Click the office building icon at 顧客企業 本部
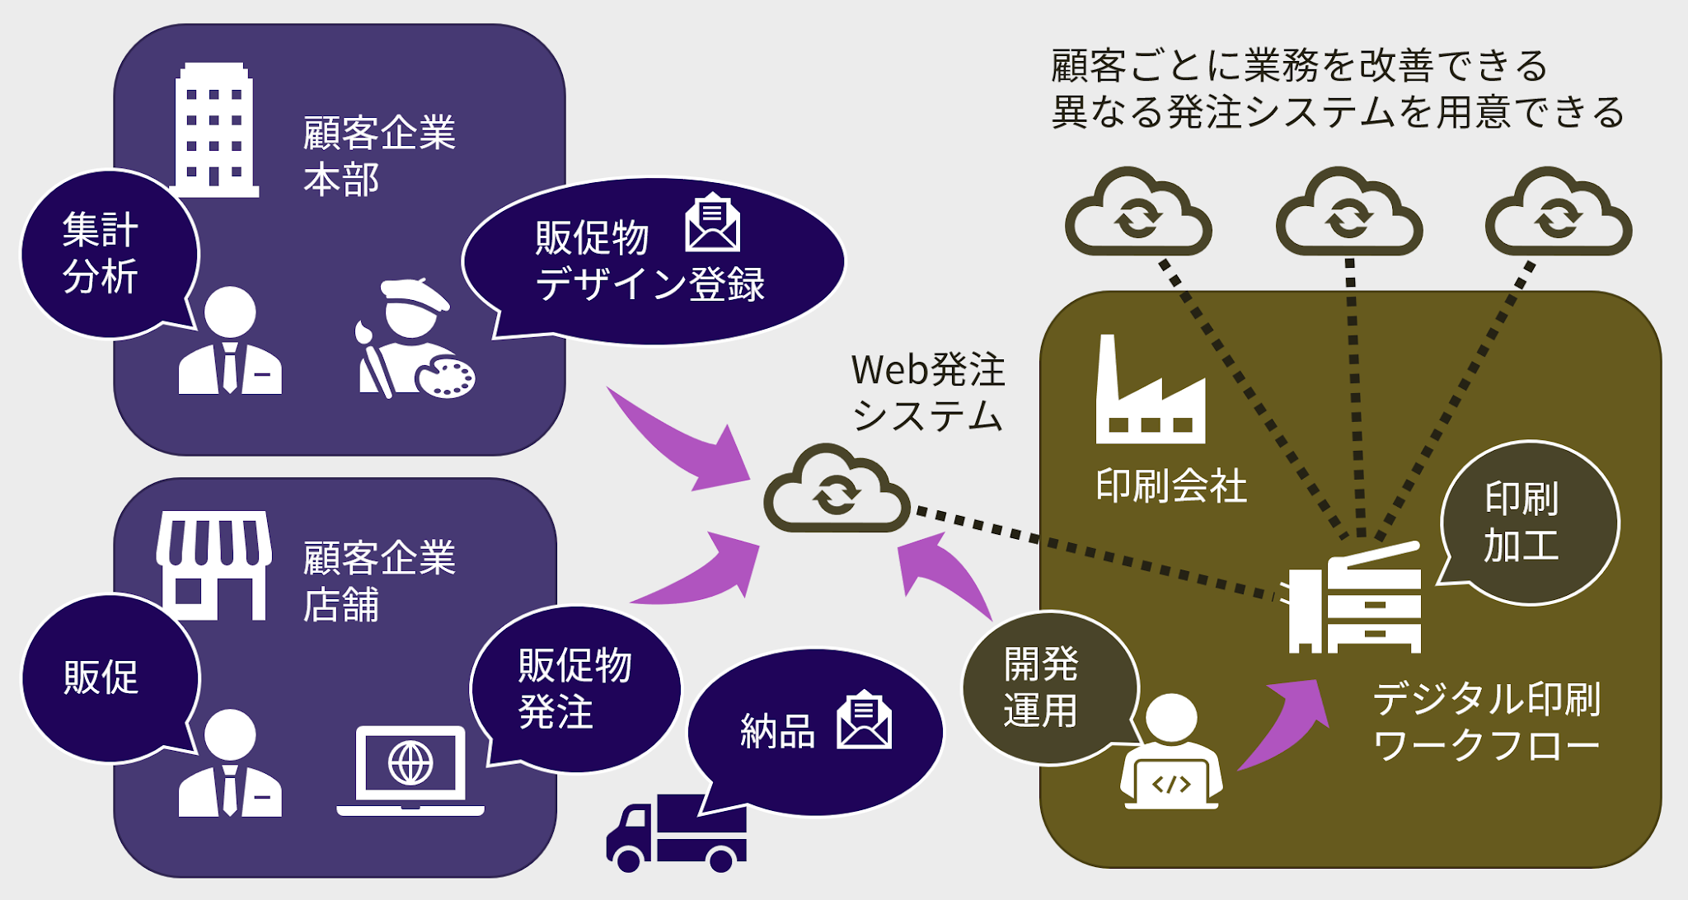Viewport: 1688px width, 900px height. [215, 130]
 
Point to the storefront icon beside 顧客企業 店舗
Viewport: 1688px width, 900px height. [214, 565]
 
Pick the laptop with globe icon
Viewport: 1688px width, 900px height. [410, 771]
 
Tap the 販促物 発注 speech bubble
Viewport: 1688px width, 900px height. [574, 689]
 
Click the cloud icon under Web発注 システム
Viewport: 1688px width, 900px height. [837, 490]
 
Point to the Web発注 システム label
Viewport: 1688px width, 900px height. [928, 392]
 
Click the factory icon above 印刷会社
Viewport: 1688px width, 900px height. [1150, 391]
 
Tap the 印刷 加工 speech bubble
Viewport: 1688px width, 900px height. [1530, 523]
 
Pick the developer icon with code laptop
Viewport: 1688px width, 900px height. [1171, 754]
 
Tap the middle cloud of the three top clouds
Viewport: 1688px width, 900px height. [1349, 214]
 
